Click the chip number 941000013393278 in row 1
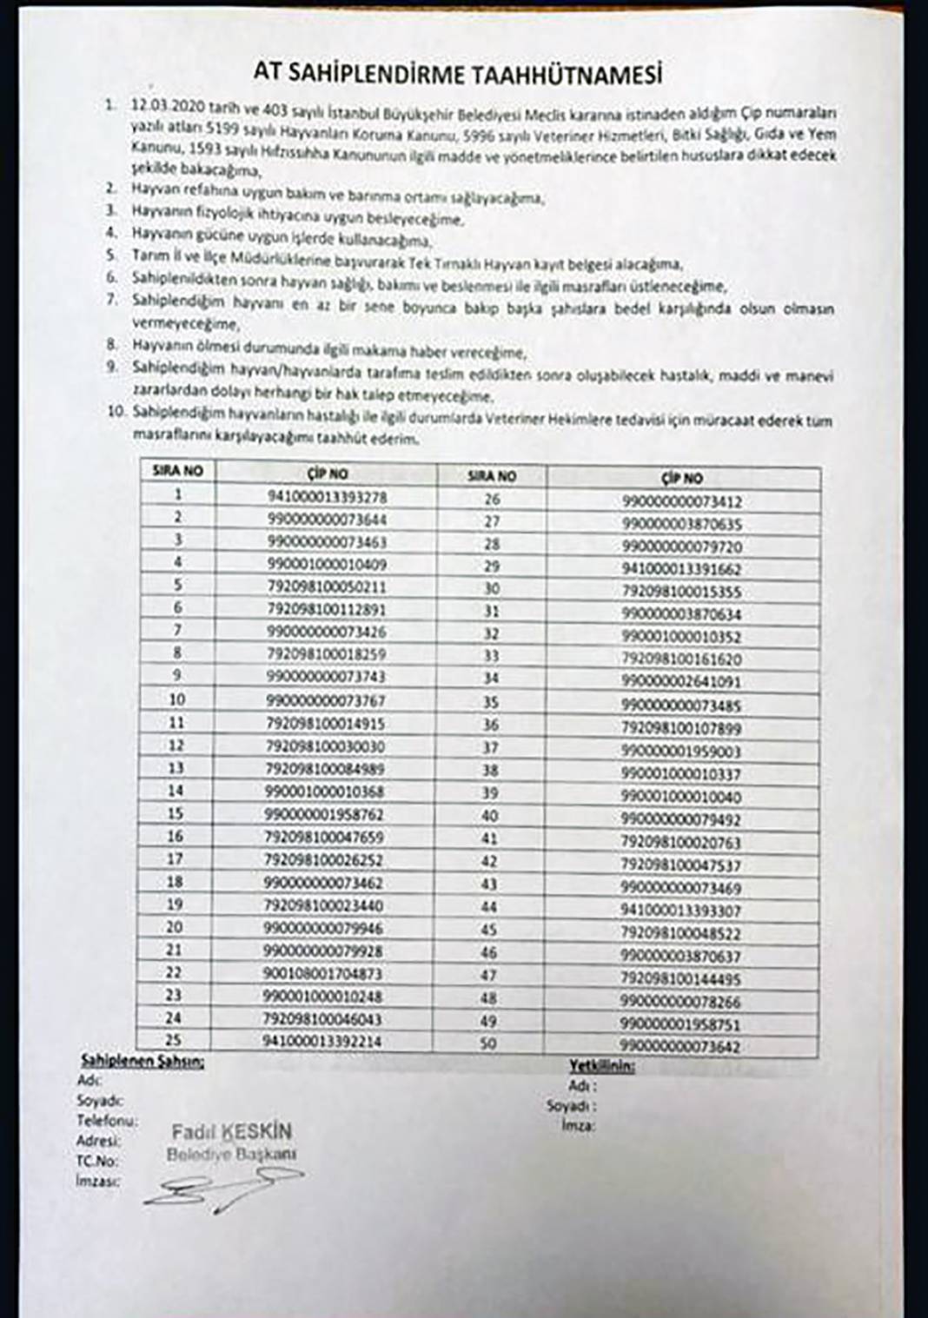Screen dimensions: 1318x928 [x=327, y=497]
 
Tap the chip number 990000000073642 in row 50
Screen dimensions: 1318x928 [x=681, y=1047]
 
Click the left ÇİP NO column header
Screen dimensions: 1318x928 [x=327, y=474]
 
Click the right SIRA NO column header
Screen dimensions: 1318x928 [x=491, y=476]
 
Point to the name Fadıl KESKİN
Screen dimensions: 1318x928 [x=231, y=1132]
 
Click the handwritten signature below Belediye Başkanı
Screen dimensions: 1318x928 [x=222, y=1188]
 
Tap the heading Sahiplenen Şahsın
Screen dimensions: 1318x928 [x=143, y=1061]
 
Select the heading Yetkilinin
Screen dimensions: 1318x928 [x=601, y=1066]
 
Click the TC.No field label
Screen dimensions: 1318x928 [x=98, y=1161]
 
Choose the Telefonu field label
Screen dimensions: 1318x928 [x=106, y=1121]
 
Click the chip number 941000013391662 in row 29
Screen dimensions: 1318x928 [x=681, y=569]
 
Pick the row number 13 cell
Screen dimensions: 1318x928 [x=176, y=768]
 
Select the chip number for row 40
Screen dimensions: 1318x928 [x=681, y=818]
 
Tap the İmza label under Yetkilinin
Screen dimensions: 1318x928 [x=579, y=1126]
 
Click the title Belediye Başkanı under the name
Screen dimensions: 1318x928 [x=231, y=1154]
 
